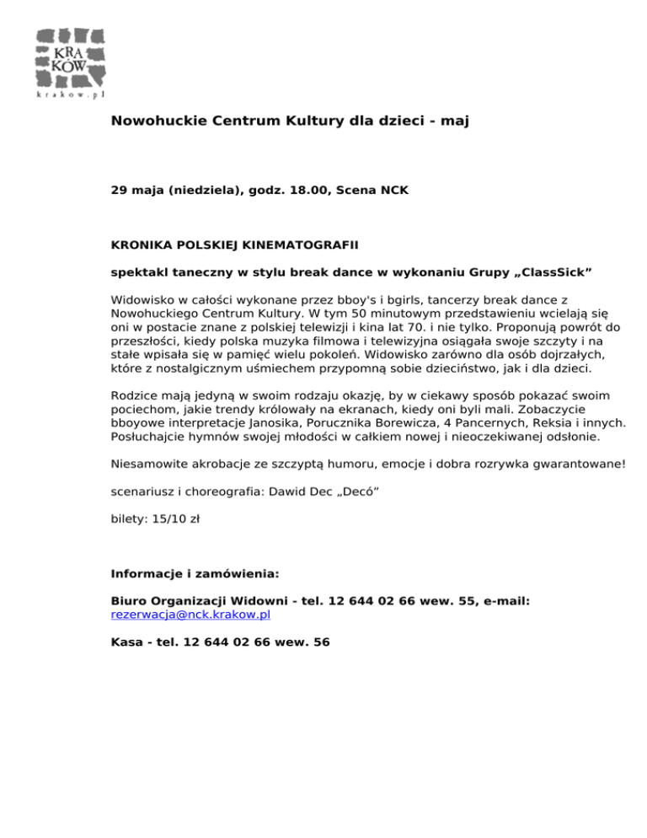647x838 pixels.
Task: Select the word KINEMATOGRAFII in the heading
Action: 300,245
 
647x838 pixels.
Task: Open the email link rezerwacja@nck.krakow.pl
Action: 190,615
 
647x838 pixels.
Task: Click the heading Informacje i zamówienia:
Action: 195,574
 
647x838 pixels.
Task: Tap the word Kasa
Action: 126,642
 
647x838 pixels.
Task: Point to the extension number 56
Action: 321,642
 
